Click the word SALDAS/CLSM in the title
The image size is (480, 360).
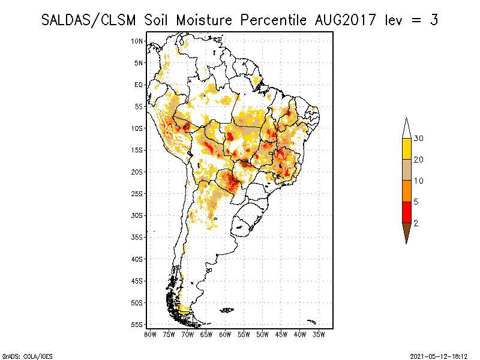(90, 20)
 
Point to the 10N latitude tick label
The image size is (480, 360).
(137, 41)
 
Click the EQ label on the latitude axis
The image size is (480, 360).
(139, 85)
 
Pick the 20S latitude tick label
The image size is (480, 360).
(137, 172)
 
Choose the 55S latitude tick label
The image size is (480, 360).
(137, 325)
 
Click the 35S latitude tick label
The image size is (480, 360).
(137, 237)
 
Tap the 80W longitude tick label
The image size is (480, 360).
(150, 334)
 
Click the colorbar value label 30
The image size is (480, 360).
(419, 139)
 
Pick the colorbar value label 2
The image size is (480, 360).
(416, 223)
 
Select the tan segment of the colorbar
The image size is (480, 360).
(406, 170)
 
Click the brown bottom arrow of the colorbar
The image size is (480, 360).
(406, 232)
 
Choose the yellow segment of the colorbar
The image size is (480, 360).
(406, 149)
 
